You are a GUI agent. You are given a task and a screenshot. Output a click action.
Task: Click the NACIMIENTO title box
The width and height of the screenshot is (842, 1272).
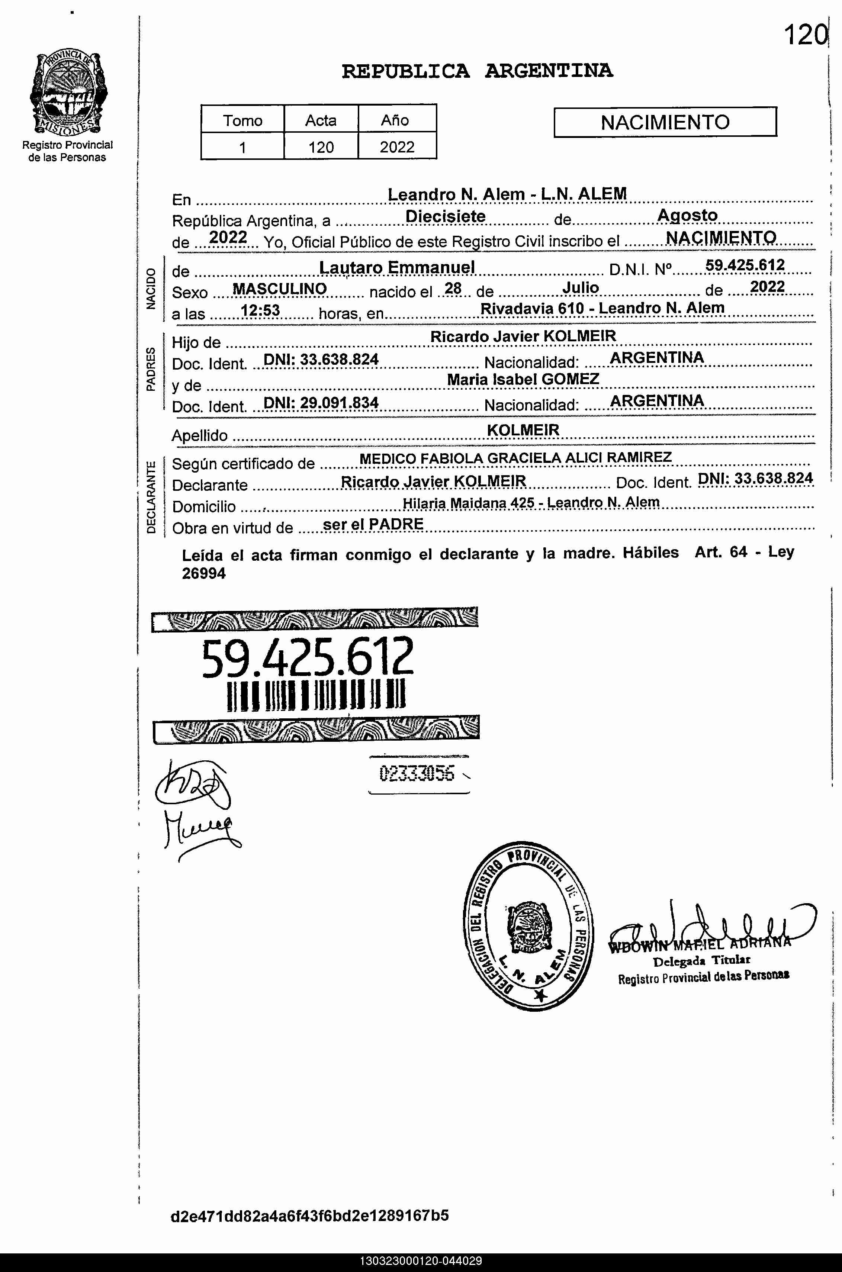coord(665,122)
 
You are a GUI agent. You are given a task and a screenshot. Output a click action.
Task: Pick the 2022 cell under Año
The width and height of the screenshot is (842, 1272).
coord(397,146)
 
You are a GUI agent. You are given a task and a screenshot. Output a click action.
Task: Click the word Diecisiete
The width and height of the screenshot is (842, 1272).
coord(445,216)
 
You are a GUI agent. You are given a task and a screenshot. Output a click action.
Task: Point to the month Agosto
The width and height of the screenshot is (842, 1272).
coord(687,215)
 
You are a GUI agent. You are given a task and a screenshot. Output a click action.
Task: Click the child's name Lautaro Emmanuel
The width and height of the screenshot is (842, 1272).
coord(397,267)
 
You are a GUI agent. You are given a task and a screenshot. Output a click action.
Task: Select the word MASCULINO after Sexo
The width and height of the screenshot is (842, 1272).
coord(280,289)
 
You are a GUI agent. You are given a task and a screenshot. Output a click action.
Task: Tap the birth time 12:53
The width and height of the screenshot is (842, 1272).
coord(260,310)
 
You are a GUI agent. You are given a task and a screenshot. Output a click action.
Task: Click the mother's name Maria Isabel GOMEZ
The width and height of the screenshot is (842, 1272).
coord(523,380)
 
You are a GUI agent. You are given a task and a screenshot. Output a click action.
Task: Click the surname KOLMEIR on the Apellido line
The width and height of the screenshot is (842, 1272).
coord(523,430)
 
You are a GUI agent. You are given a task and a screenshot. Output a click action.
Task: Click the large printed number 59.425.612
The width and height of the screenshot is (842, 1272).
coord(308,657)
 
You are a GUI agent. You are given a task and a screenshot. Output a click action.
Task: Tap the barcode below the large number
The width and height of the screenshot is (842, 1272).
coord(316,696)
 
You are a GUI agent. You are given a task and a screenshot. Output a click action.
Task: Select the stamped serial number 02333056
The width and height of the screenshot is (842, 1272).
coord(417,773)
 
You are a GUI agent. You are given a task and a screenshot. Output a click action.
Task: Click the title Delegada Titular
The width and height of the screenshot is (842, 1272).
coord(701,960)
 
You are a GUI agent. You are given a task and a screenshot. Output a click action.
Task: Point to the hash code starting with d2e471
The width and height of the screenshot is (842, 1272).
coord(309,1215)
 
